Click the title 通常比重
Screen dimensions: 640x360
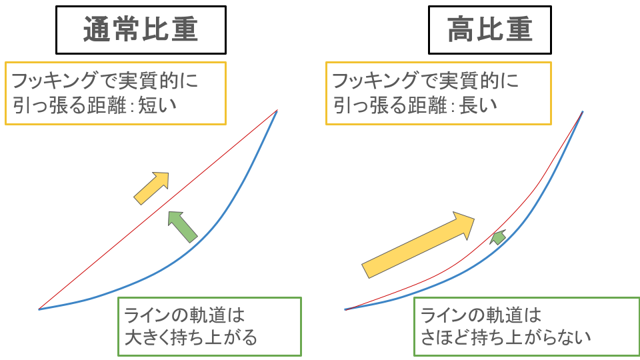pos(141,29)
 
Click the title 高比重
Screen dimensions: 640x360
pos(490,29)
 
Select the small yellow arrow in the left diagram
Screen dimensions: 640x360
pos(151,188)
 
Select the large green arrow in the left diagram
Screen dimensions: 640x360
pos(183,227)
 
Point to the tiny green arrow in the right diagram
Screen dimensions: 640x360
pos(498,237)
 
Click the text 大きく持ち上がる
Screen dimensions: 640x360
pos(191,337)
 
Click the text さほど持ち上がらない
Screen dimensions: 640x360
pos(506,337)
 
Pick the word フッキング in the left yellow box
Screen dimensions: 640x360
pos(55,81)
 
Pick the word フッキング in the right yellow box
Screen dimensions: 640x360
pos(376,81)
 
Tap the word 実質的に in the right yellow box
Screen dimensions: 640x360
pos(479,81)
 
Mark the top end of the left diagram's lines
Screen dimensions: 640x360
pos(277,110)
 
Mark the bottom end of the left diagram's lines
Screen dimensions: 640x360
pos(39,309)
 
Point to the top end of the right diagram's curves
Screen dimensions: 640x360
pos(583,111)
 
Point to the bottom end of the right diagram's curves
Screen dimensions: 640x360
pos(345,309)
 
